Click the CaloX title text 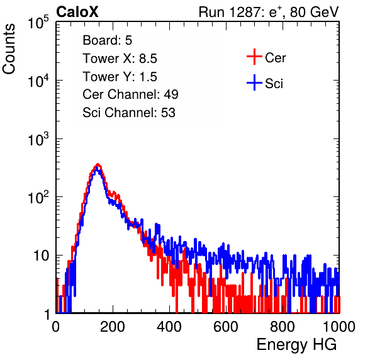pos(77,12)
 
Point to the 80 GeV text pos(314,12)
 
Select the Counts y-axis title pos(9,49)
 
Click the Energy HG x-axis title pos(296,345)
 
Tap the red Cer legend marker pos(254,57)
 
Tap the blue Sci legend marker pos(254,83)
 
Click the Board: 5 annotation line pos(108,40)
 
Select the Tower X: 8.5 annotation pos(120,59)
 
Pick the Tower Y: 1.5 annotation pos(120,77)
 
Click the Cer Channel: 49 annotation pos(131,94)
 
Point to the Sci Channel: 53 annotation pos(129,113)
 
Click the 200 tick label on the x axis pos(113,327)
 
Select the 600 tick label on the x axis pos(226,327)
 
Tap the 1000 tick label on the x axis pos(339,327)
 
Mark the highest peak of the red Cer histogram pos(98,164)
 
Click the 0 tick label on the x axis pos(56,327)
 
